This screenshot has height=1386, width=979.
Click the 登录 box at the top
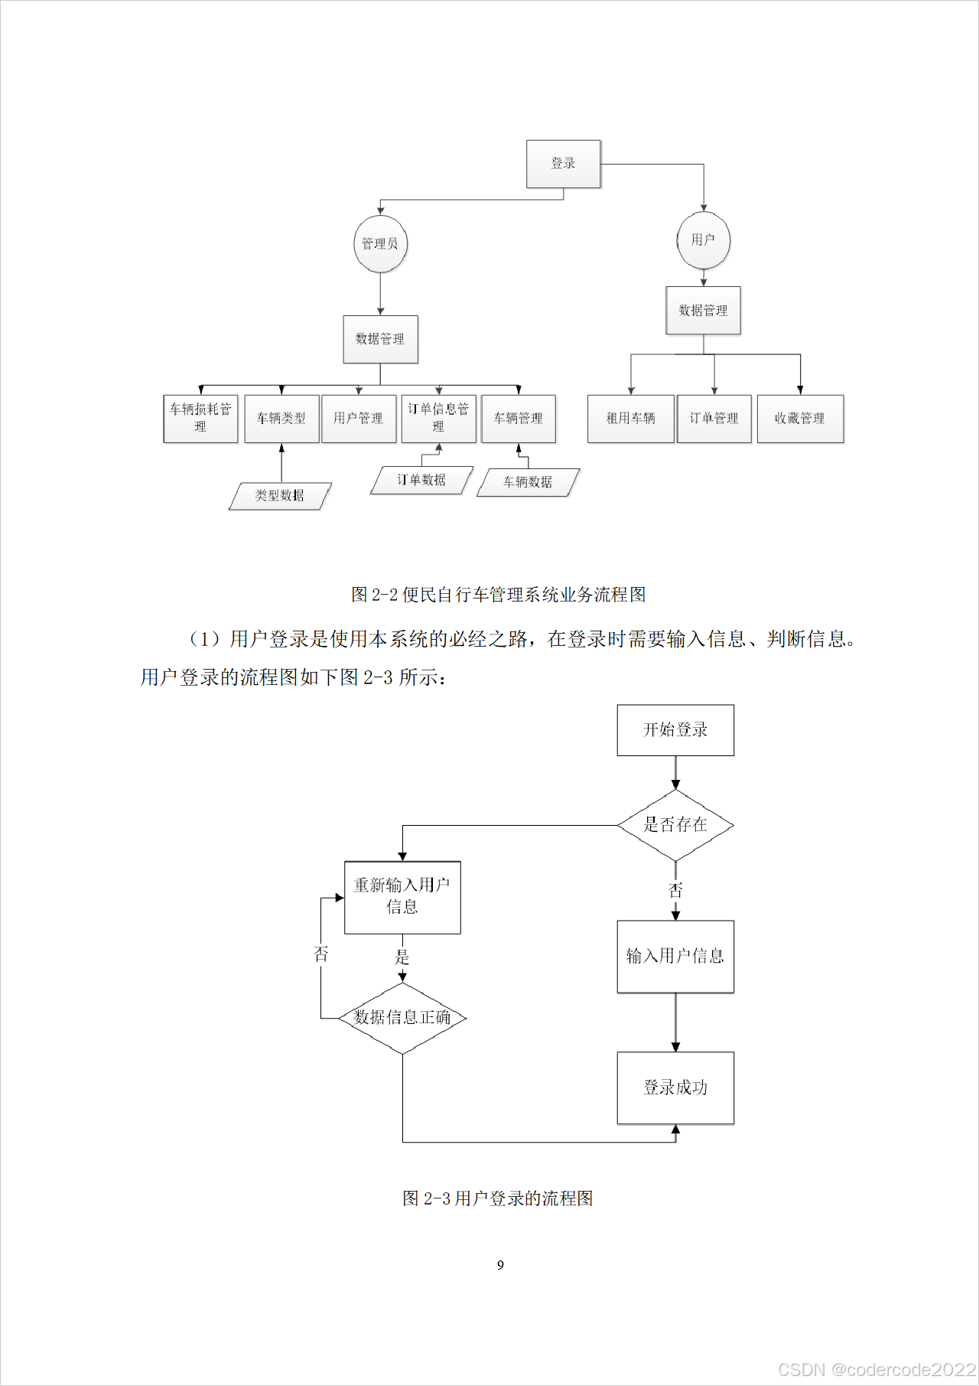coord(563,164)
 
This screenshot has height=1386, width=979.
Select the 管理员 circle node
coord(380,244)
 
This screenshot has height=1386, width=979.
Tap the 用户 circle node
coord(704,240)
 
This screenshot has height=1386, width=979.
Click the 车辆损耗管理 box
coord(200,418)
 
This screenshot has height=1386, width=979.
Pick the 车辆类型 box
coord(281,418)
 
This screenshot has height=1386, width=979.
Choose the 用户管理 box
coord(359,418)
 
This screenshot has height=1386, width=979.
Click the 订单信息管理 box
coord(438,418)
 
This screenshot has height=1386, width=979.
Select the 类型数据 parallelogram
coord(280,496)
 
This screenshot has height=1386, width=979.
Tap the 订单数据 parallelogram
coord(421,480)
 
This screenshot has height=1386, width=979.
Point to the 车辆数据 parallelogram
coord(528,482)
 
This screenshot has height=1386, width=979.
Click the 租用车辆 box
coord(630,418)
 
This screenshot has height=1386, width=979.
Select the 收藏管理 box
coord(800,418)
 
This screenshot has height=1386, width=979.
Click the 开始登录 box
coord(675,730)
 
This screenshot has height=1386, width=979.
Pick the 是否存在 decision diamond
coord(675,825)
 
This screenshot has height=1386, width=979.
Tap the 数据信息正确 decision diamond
coord(402,1018)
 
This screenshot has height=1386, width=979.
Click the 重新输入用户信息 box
coord(402,897)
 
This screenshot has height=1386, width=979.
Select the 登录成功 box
coord(675,1088)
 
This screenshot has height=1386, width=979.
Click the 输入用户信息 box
coord(675,957)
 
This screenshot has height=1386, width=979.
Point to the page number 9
coord(500,1265)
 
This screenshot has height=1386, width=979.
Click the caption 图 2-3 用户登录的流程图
coord(498,1198)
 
